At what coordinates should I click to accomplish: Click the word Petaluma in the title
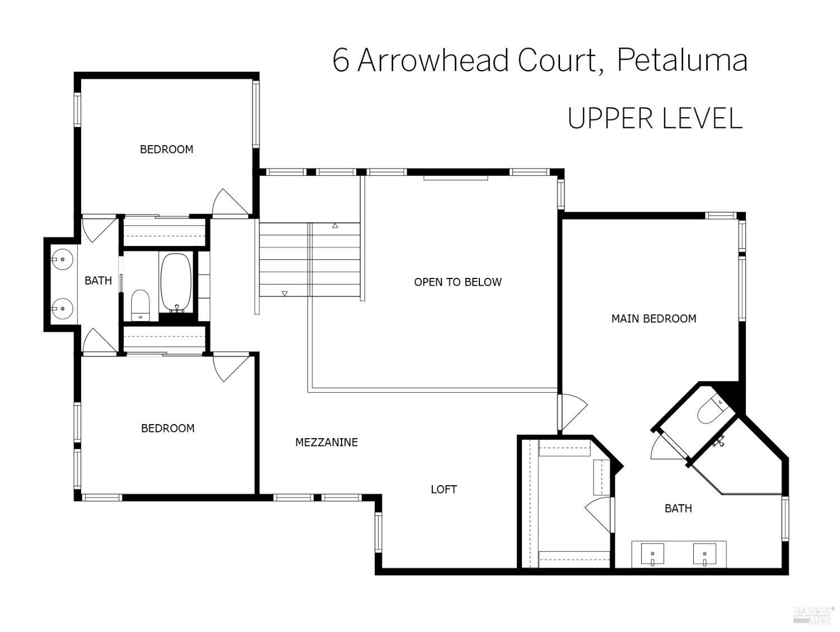pos(682,61)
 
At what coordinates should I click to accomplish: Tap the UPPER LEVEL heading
pos(655,118)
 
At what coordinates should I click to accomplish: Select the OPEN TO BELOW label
pos(458,282)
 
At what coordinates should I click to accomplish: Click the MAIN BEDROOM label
pos(654,318)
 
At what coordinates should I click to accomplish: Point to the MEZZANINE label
pos(326,442)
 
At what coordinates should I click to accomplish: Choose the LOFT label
pos(444,489)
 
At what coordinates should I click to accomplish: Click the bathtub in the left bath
pos(176,283)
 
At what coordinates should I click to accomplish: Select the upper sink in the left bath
pos(62,259)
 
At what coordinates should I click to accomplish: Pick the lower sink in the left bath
pos(62,308)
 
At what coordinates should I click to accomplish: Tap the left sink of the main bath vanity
pos(652,554)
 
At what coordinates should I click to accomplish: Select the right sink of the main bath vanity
pos(704,554)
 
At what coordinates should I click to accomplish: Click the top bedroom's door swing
pos(229,202)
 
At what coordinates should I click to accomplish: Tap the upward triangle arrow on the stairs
pos(335,226)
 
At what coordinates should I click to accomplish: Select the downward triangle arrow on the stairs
pos(284,294)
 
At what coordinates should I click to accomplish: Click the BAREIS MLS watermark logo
pos(813,615)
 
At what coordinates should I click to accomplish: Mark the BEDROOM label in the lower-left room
pos(167,428)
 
